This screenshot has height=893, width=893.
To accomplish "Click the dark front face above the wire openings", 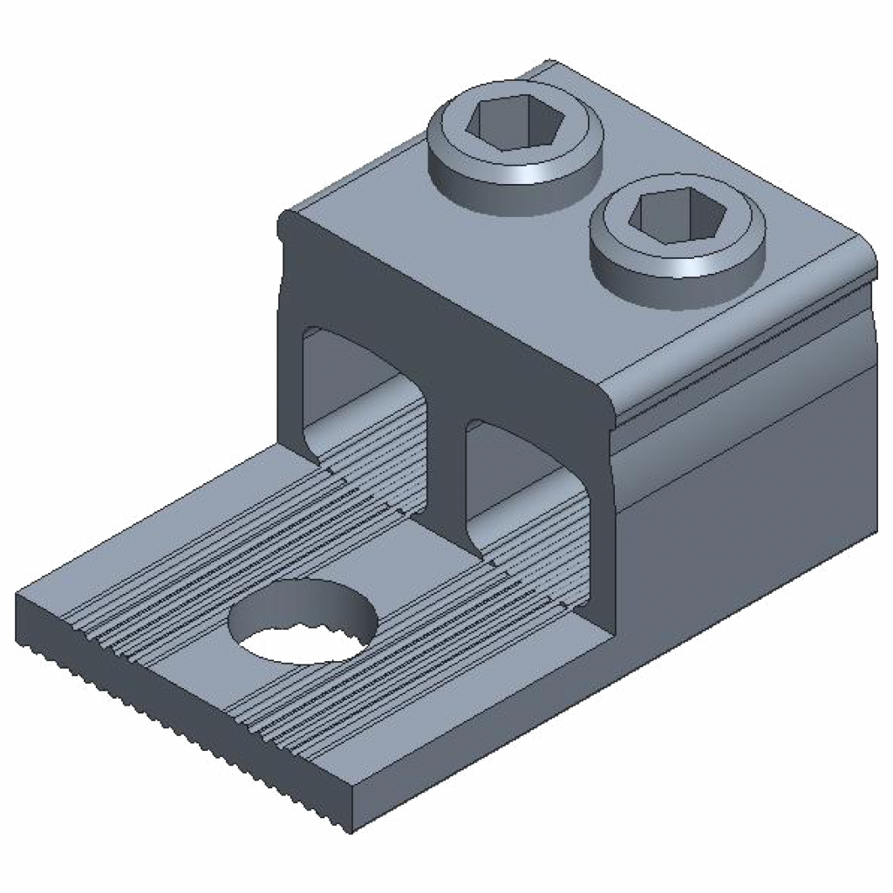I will click(436, 331).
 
